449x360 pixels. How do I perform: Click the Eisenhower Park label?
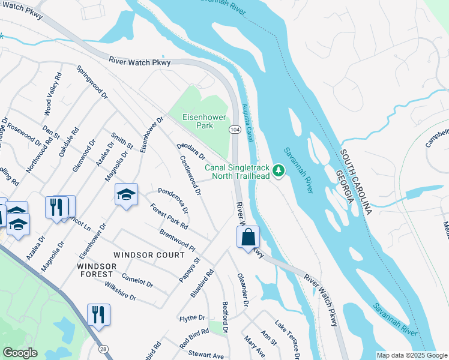[198, 122]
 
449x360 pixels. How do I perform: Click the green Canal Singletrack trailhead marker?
[279, 172]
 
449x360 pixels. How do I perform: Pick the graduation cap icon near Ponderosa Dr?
[126, 194]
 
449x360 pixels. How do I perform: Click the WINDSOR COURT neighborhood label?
[149, 255]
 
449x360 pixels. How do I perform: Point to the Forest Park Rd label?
[169, 217]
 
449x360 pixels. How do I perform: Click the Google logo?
[20, 353]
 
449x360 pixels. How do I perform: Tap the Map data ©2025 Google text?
[412, 355]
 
